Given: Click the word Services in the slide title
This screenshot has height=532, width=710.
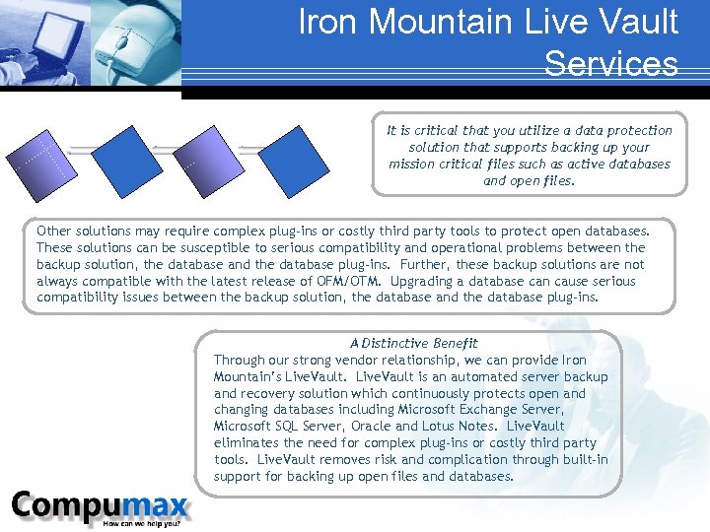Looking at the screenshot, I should pos(610,63).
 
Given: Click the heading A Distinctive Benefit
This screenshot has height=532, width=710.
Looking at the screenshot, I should pos(413,343).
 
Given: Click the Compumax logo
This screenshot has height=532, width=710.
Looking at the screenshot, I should pos(100,505).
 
